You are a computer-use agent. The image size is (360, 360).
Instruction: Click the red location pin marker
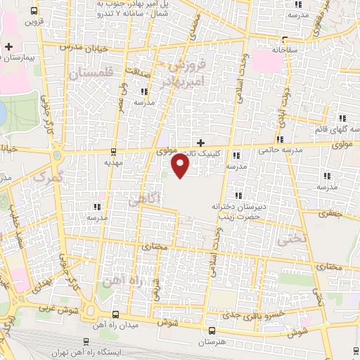(181, 167)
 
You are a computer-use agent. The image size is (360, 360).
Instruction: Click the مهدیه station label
(114, 161)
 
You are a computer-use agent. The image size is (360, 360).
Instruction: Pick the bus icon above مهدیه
(114, 151)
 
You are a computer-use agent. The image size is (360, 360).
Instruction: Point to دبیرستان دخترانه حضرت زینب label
(238, 212)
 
